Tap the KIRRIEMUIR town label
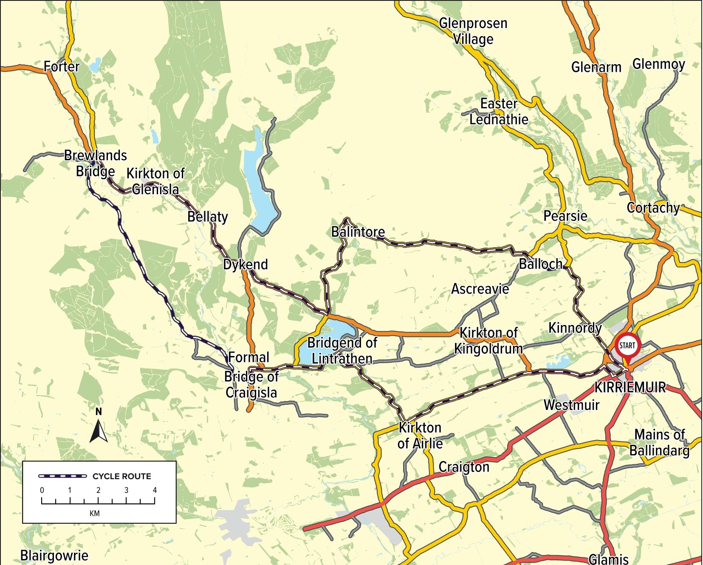(x=630, y=387)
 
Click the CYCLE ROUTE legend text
(x=121, y=476)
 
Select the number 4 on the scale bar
(x=155, y=490)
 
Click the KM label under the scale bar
(x=95, y=513)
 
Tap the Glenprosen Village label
(x=473, y=31)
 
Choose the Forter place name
(x=62, y=66)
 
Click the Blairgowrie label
(x=54, y=555)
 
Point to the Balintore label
(x=358, y=232)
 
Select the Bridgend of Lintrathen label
(x=342, y=350)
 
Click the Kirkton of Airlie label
(x=420, y=435)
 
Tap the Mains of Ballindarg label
(x=659, y=442)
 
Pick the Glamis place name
(x=608, y=559)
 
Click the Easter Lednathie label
(x=499, y=111)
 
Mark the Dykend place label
(x=246, y=264)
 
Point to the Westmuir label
(x=571, y=405)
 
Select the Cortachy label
(x=653, y=208)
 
